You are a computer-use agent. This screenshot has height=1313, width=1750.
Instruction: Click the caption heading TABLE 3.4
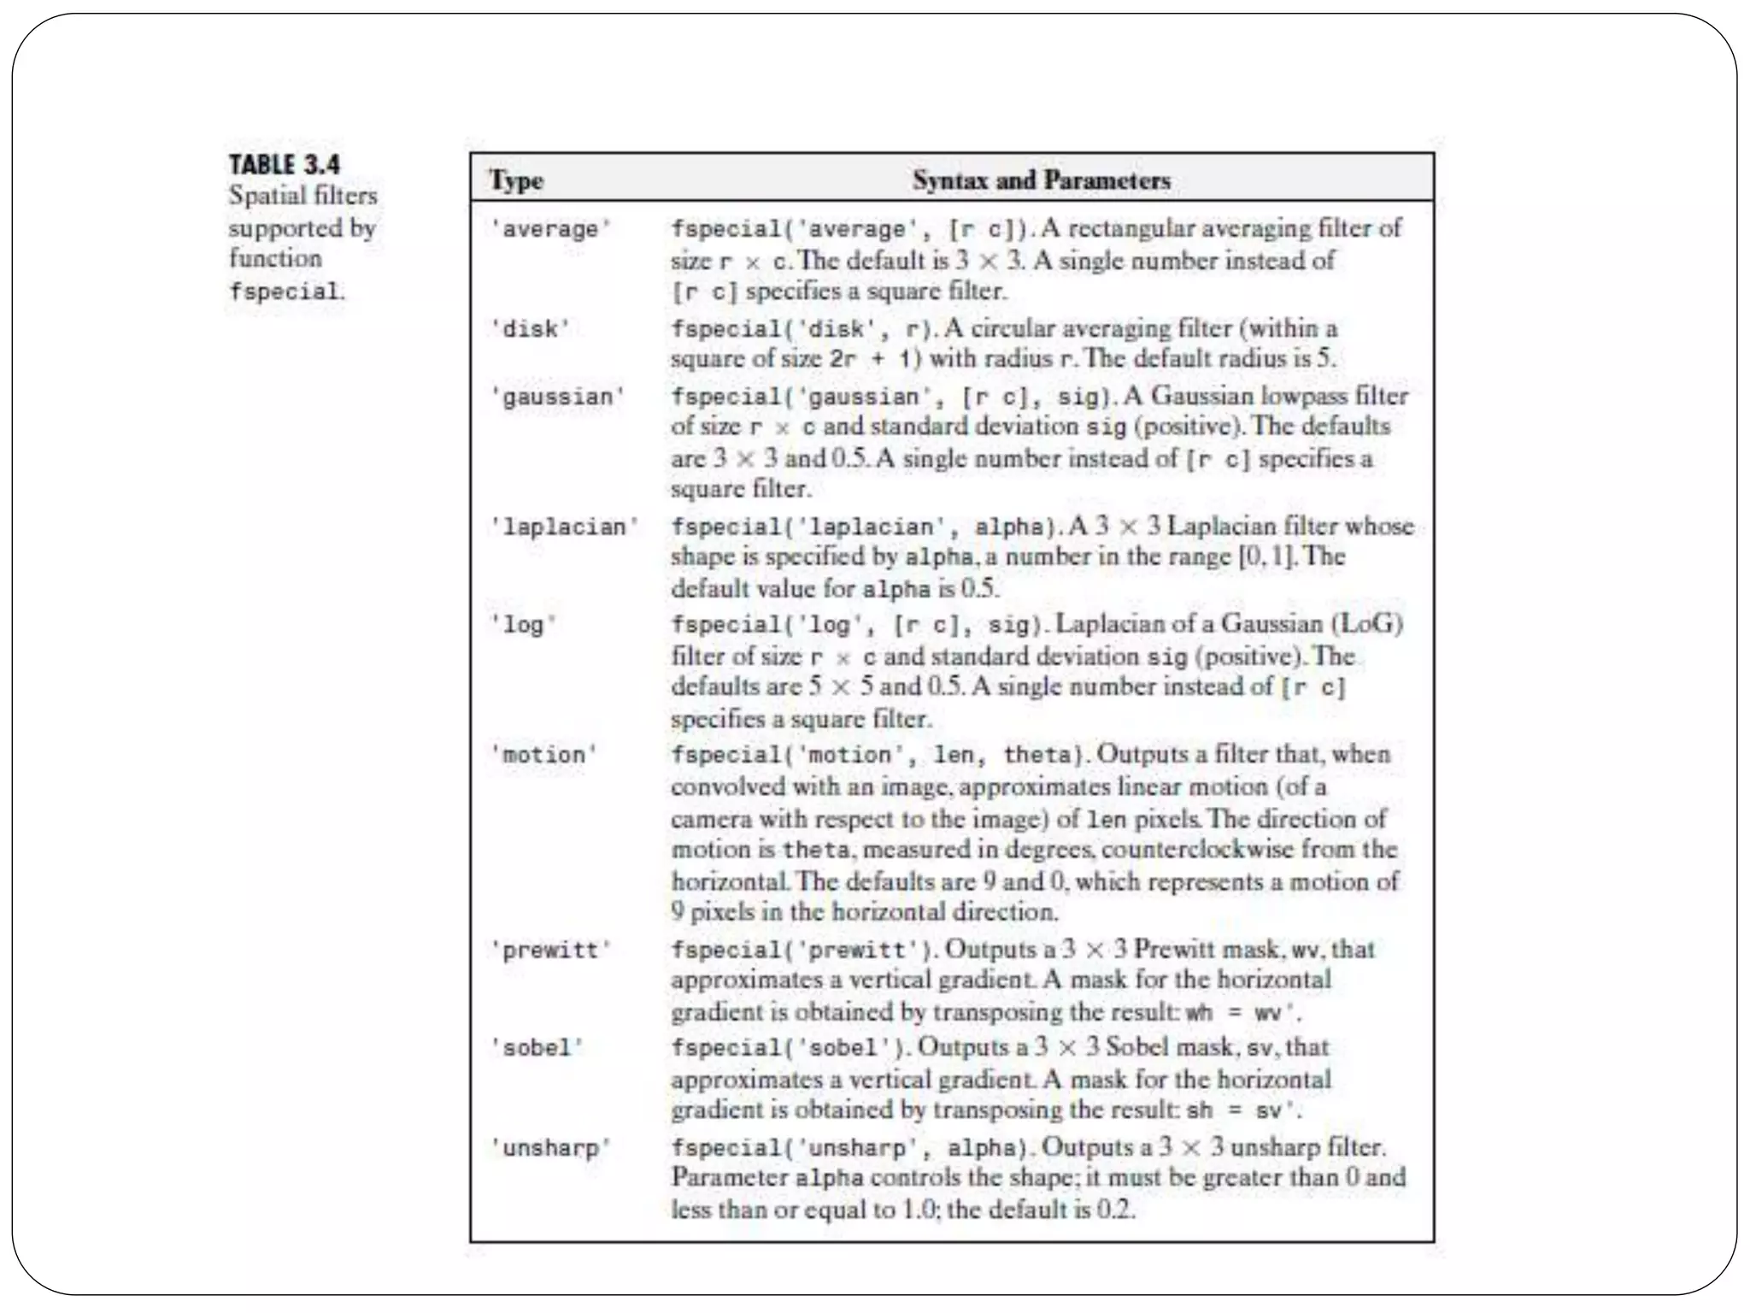click(x=284, y=164)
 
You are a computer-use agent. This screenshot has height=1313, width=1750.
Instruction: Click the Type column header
click(x=516, y=180)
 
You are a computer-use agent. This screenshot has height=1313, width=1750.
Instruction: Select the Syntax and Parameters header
click(x=1041, y=180)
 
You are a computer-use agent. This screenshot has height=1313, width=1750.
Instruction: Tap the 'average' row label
click(x=550, y=229)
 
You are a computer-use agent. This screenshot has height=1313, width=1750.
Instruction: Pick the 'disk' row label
click(x=530, y=329)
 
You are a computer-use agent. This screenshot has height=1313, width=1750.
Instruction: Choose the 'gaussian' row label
click(x=557, y=397)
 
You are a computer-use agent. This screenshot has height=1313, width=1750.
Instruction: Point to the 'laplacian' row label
click(x=564, y=527)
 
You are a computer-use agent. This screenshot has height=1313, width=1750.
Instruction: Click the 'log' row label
click(x=523, y=625)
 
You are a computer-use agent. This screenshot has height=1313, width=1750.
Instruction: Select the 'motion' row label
click(x=543, y=755)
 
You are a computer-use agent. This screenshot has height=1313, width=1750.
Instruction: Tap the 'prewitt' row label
click(x=550, y=951)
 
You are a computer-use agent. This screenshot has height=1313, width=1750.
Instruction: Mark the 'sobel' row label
click(x=537, y=1048)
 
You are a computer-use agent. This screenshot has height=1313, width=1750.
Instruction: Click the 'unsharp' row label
click(x=550, y=1147)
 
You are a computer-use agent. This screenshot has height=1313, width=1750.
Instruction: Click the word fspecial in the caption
click(x=284, y=291)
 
